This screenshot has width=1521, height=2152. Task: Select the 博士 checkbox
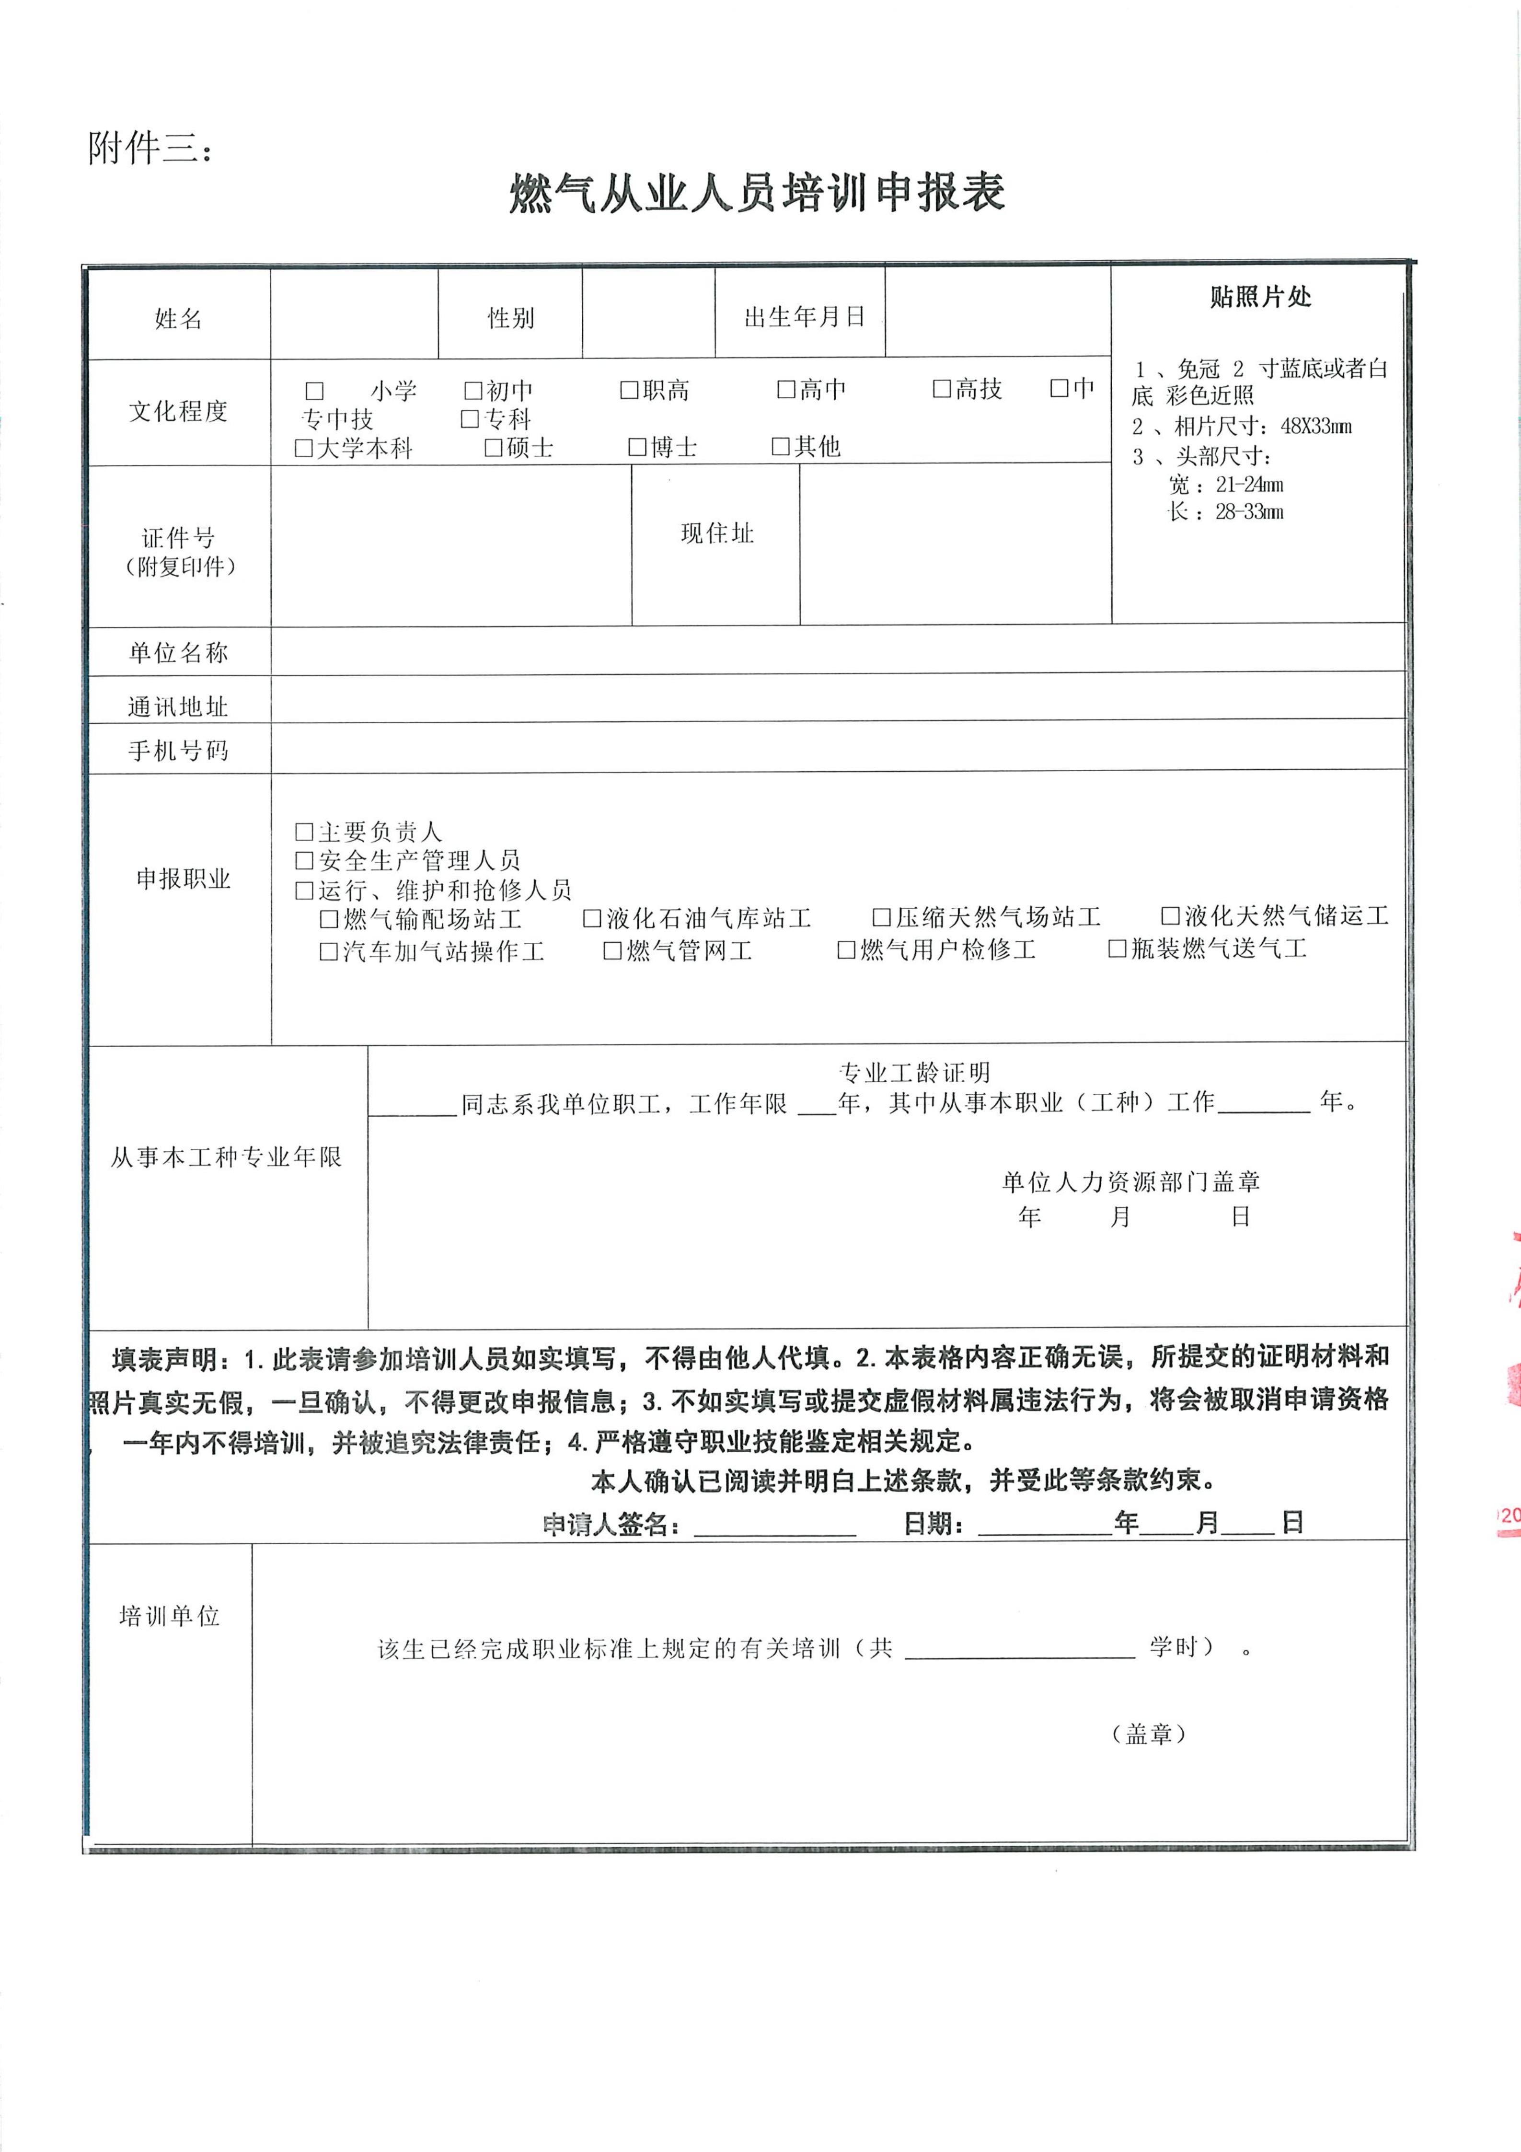pyautogui.click(x=637, y=447)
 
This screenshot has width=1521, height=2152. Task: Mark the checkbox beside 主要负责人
pyautogui.click(x=304, y=832)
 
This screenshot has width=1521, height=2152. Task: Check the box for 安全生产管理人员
pyautogui.click(x=304, y=860)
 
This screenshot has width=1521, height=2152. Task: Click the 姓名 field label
pyautogui.click(x=178, y=319)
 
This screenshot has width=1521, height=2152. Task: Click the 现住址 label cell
pyautogui.click(x=717, y=533)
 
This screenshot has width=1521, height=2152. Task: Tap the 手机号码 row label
pyautogui.click(x=178, y=750)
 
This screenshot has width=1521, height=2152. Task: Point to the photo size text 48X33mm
pyautogui.click(x=1316, y=427)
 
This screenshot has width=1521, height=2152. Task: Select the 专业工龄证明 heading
pyautogui.click(x=914, y=1072)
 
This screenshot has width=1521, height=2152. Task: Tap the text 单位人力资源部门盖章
pyautogui.click(x=1131, y=1182)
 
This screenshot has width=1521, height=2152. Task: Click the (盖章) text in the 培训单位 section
pyautogui.click(x=1149, y=1734)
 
